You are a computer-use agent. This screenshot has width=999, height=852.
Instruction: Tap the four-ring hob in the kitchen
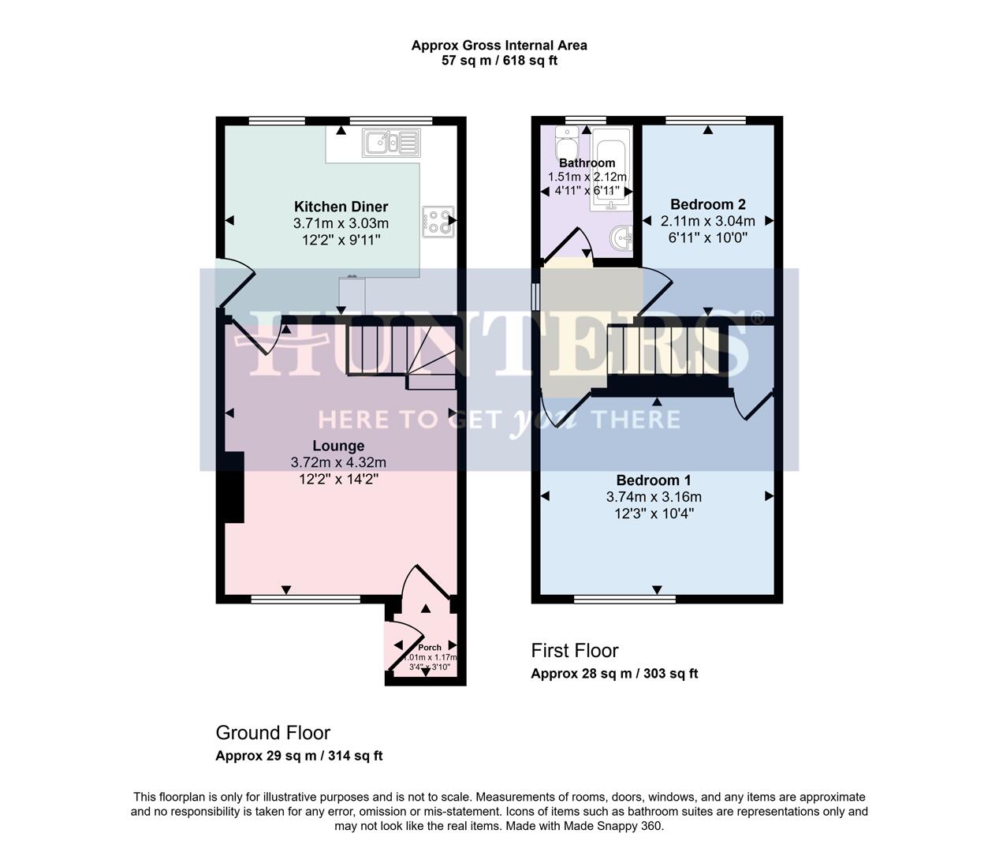pyautogui.click(x=438, y=221)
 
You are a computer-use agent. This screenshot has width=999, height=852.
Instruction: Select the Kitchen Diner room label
pyautogui.click(x=341, y=207)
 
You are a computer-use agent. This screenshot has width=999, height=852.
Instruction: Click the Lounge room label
pyautogui.click(x=338, y=446)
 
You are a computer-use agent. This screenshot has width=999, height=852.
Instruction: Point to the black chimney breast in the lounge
pyautogui.click(x=234, y=488)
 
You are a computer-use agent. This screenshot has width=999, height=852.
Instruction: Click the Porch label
pyautogui.click(x=430, y=648)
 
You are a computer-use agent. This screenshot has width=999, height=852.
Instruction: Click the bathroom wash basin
pyautogui.click(x=623, y=237)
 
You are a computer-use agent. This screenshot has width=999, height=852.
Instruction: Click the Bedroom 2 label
pyautogui.click(x=707, y=204)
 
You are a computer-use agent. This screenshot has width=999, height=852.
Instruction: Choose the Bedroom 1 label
pyautogui.click(x=654, y=480)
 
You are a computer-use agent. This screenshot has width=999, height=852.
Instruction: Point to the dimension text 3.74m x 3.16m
pyautogui.click(x=654, y=497)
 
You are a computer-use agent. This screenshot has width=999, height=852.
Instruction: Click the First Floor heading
pyautogui.click(x=574, y=651)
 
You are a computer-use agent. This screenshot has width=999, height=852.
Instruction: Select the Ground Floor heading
pyautogui.click(x=273, y=733)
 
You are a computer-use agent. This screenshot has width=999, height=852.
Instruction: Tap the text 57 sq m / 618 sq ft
pyautogui.click(x=499, y=61)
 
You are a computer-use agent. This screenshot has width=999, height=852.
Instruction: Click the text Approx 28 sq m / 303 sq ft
pyautogui.click(x=614, y=674)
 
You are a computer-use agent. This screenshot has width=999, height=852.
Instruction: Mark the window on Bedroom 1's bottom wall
pyautogui.click(x=624, y=599)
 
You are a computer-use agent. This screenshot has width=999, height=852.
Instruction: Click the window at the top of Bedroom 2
pyautogui.click(x=705, y=121)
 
